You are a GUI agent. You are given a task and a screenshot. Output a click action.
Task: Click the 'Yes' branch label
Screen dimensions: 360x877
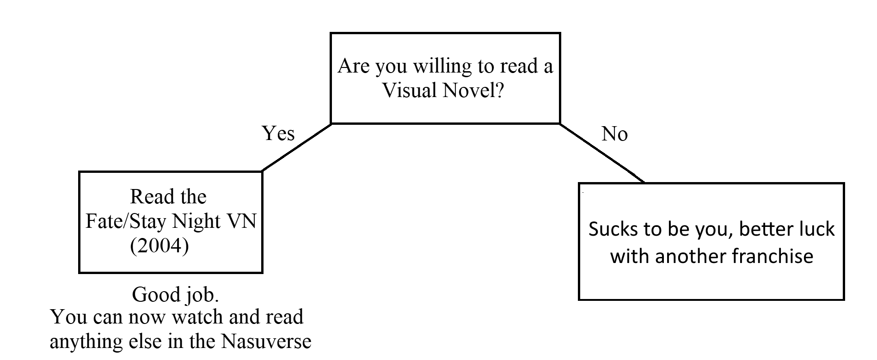pyautogui.click(x=278, y=133)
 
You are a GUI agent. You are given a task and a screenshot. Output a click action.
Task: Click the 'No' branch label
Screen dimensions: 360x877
pyautogui.click(x=614, y=134)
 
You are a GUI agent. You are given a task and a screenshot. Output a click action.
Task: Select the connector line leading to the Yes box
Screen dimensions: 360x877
pyautogui.click(x=297, y=147)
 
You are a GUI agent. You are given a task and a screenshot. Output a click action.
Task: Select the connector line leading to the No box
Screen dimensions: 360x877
pyautogui.click(x=602, y=153)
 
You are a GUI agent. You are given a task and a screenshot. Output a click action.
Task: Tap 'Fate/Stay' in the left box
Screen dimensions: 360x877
pyautogui.click(x=126, y=221)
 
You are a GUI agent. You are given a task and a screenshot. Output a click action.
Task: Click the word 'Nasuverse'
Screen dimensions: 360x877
pyautogui.click(x=266, y=342)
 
